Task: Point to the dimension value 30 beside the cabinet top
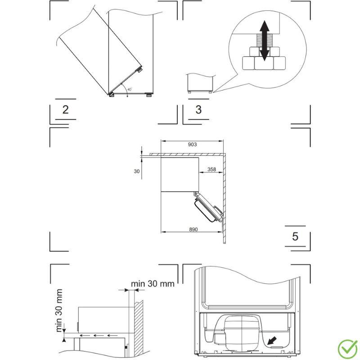137,171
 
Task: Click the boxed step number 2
66,110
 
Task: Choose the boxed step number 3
198,110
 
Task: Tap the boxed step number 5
295,236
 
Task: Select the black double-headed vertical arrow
265,40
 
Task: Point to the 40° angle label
129,90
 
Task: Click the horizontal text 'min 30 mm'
153,284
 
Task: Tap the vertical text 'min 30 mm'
59,310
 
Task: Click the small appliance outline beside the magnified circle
200,82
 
